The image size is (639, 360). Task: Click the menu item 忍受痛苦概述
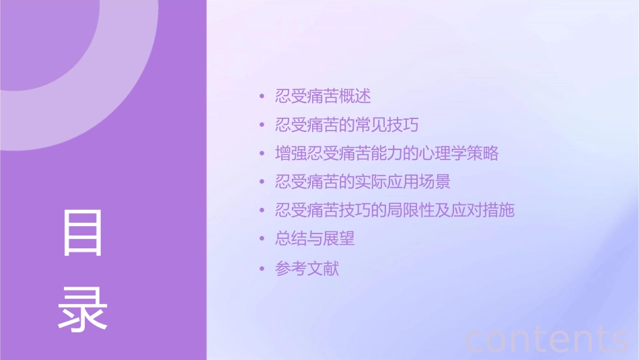(323, 96)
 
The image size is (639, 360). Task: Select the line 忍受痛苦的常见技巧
(347, 125)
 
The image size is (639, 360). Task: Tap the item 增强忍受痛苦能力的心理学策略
(387, 153)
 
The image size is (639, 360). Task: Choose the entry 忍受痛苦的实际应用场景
(363, 182)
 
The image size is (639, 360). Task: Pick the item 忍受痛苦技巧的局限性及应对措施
(395, 210)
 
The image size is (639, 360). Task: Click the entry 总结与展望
(315, 239)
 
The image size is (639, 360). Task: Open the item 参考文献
(307, 269)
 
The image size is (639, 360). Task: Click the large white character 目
(83, 233)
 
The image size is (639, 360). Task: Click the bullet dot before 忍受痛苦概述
(262, 97)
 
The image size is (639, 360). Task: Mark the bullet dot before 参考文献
(262, 269)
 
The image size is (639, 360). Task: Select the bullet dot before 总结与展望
(262, 240)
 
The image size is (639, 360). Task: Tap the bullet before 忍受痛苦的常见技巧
(262, 125)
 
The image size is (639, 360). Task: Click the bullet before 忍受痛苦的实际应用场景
(262, 182)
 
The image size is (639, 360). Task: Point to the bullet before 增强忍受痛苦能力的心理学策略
(262, 154)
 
